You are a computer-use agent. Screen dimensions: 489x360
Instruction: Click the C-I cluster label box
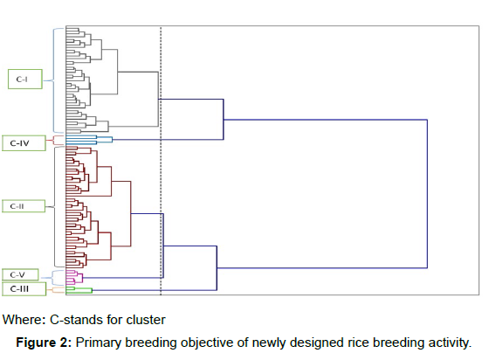[25, 80]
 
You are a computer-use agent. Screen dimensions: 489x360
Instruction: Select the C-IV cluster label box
[24, 143]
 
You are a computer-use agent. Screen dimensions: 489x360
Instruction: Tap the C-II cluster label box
[24, 206]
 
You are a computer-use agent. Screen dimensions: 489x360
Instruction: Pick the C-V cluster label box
[20, 275]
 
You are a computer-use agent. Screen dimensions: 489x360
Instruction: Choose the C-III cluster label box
[24, 289]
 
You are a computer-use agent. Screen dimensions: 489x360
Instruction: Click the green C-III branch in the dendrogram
[79, 290]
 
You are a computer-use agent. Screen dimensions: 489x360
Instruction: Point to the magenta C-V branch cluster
[74, 277]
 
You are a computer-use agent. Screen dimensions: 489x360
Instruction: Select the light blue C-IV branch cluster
[89, 140]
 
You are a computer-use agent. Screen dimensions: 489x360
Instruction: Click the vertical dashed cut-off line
[161, 161]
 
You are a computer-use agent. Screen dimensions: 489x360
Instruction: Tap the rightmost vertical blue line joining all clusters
[427, 194]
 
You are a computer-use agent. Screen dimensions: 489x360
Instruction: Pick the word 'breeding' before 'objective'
[151, 343]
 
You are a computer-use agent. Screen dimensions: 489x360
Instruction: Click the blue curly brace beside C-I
[53, 80]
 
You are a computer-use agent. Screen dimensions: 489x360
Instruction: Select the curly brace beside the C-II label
[54, 207]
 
